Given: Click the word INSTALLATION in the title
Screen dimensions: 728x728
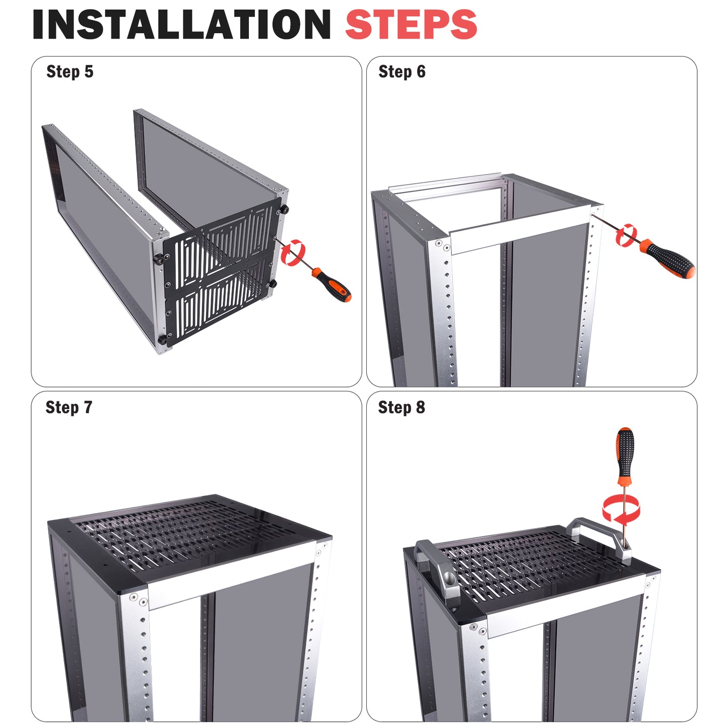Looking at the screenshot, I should [181, 24].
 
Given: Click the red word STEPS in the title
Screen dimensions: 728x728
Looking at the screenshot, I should [411, 24].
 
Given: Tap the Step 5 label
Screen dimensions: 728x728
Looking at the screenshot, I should [70, 72].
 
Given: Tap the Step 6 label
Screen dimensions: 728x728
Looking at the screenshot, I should [402, 72].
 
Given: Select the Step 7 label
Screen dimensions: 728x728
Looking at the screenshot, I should [69, 407].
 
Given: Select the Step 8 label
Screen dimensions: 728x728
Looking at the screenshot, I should [401, 407].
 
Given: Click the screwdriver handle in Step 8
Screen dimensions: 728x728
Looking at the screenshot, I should [625, 453].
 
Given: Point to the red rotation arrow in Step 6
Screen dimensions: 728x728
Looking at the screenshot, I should [626, 235].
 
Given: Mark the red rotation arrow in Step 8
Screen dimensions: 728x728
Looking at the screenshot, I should [622, 508].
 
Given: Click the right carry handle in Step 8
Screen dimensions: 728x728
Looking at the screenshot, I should [600, 536].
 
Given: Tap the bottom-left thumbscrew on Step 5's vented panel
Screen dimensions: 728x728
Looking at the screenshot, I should [163, 339].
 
